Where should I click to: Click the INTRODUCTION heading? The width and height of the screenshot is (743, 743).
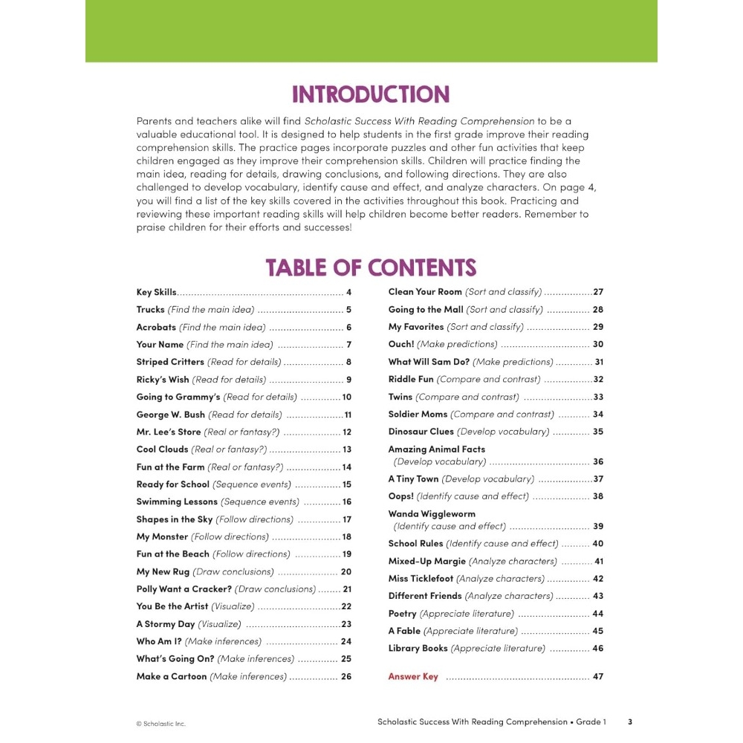pyautogui.click(x=371, y=94)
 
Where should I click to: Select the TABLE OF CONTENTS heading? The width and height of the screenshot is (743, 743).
pyautogui.click(x=371, y=267)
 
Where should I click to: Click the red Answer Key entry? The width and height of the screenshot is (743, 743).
pyautogui.click(x=413, y=677)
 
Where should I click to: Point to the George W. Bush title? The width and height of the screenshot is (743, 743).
pyautogui.click(x=170, y=415)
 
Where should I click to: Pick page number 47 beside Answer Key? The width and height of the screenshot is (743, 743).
pyautogui.click(x=598, y=677)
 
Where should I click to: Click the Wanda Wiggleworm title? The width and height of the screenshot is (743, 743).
pyautogui.click(x=432, y=513)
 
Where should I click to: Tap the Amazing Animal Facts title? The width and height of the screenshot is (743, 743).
pyautogui.click(x=436, y=449)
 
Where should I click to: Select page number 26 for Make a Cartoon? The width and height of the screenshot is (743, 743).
pyautogui.click(x=346, y=677)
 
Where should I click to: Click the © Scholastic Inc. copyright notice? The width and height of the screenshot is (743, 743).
pyautogui.click(x=160, y=723)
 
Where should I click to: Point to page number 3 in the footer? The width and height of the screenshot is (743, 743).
pyautogui.click(x=630, y=721)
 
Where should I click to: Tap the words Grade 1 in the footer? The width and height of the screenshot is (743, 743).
pyautogui.click(x=591, y=721)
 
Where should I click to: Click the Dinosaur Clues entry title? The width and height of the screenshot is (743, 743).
pyautogui.click(x=421, y=432)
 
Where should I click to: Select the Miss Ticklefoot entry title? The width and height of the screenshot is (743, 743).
pyautogui.click(x=421, y=579)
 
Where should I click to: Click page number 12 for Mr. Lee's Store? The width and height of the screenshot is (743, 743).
pyautogui.click(x=347, y=432)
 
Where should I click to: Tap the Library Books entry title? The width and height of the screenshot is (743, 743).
pyautogui.click(x=418, y=649)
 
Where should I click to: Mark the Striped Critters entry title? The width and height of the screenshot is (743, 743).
pyautogui.click(x=170, y=362)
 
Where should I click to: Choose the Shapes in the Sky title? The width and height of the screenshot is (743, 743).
pyautogui.click(x=174, y=519)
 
